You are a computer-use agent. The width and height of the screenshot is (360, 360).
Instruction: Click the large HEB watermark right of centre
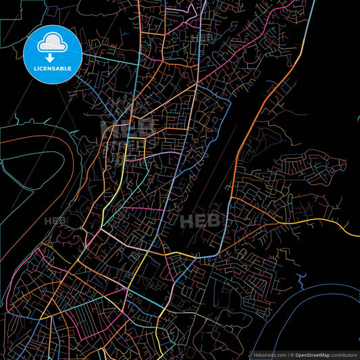(x=201, y=220)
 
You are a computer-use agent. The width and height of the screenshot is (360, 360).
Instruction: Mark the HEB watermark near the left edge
(x=56, y=221)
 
